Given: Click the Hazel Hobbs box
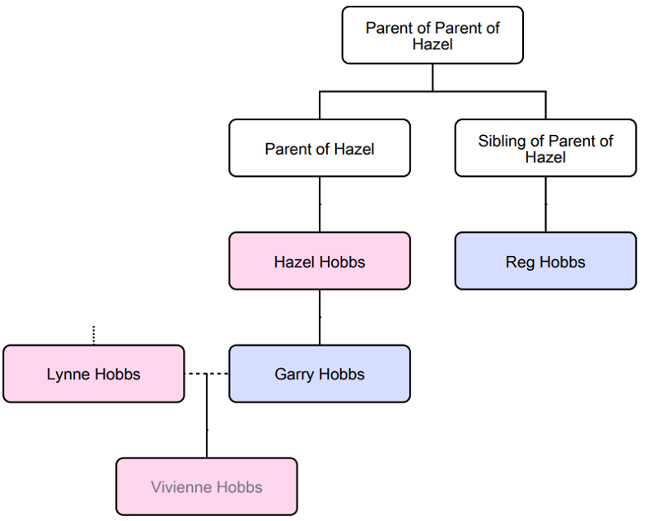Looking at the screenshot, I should (320, 261).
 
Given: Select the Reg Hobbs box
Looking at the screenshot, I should (545, 261).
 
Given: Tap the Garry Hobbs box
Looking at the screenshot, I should (320, 374).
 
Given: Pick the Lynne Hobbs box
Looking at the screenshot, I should (93, 374).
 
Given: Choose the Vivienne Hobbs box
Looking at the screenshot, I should (206, 486).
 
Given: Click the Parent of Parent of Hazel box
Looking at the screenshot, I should (432, 35).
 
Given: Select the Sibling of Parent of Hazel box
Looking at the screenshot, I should (545, 148).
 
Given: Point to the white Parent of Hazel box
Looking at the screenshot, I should (320, 148).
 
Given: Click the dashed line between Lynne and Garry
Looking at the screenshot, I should (206, 374).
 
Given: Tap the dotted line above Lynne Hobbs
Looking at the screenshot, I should (93, 334).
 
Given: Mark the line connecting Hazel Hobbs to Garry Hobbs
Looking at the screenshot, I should (320, 317).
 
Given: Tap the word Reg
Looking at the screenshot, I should (520, 262).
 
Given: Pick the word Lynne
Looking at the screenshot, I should (66, 374).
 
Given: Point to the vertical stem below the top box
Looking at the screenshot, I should (432, 77).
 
